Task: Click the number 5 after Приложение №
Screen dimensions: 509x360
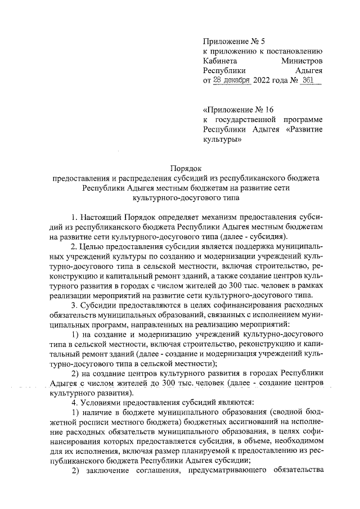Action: [x=253, y=40]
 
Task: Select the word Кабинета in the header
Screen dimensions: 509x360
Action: [x=220, y=60]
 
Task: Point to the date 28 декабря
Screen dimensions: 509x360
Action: [x=233, y=80]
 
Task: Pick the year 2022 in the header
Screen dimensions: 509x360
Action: [x=265, y=80]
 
